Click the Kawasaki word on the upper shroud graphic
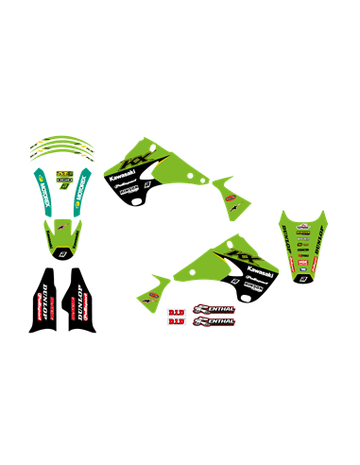122,175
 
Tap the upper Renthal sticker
214,309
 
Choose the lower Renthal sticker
214,321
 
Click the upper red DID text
176,311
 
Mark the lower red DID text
176,321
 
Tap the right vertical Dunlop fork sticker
82,301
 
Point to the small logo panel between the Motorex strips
63,177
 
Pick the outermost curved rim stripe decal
62,142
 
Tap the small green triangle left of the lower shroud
156,284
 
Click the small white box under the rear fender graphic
303,278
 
